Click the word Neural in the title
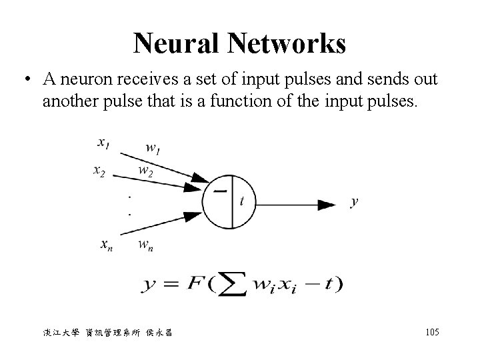pos(176,44)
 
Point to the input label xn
pos(106,244)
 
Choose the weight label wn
pos(147,244)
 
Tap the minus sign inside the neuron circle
pos(219,191)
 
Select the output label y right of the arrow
pos(353,202)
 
